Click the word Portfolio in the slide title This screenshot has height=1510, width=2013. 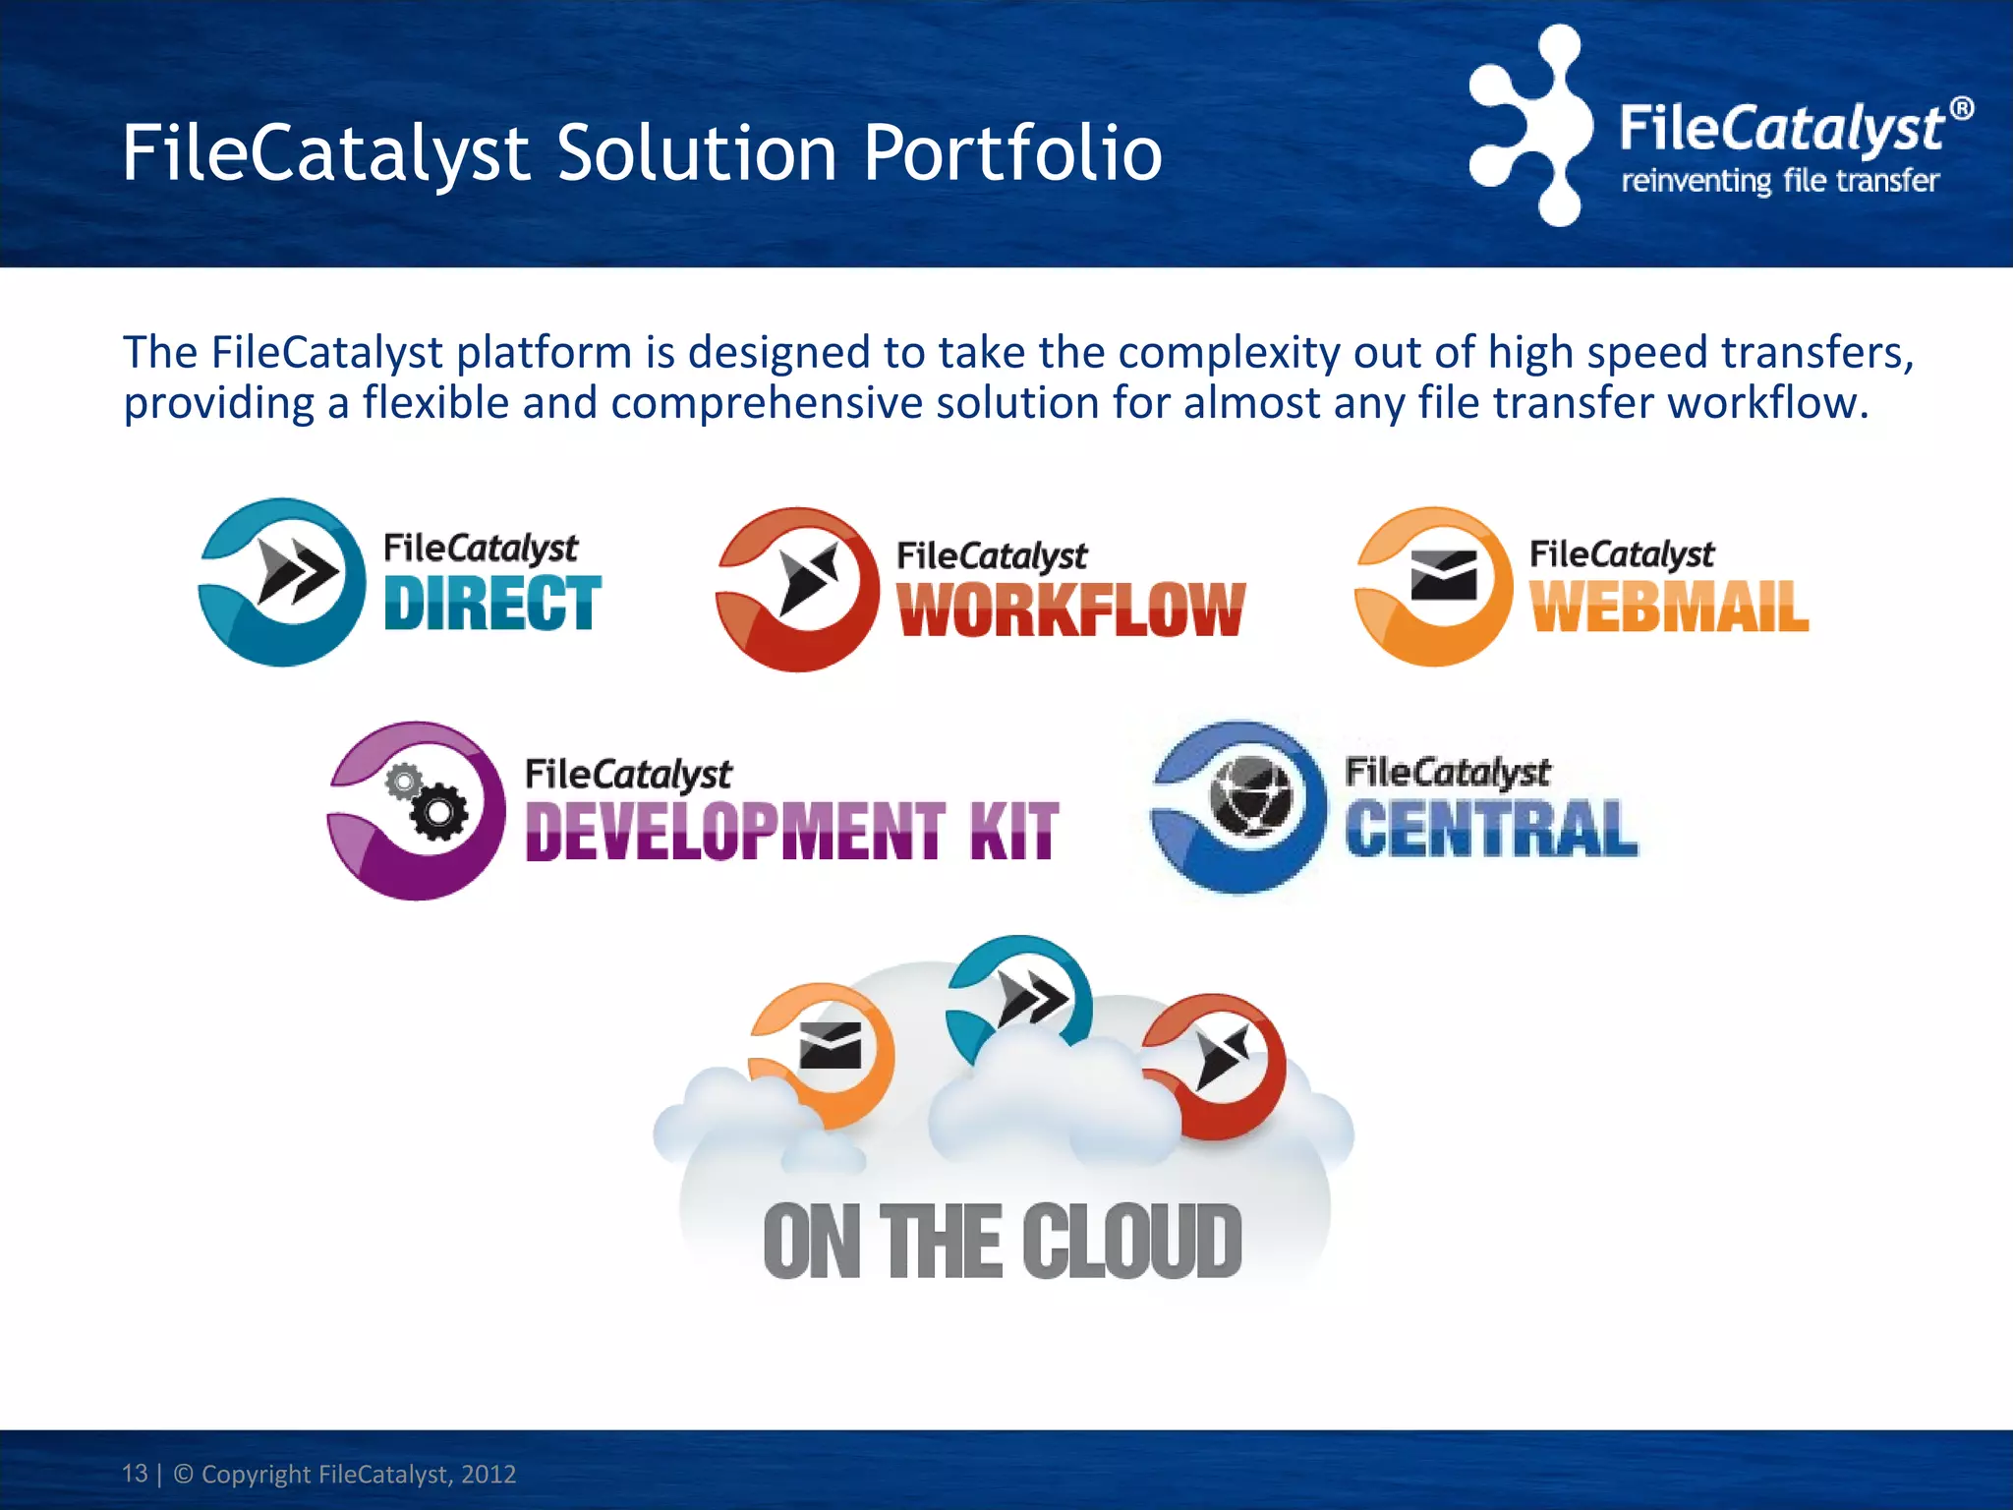(x=1012, y=154)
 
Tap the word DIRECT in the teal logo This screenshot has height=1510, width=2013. (x=491, y=603)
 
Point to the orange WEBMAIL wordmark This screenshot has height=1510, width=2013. (x=1669, y=607)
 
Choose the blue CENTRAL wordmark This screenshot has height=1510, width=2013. (x=1491, y=830)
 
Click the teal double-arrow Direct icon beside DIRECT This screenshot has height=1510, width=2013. (x=283, y=581)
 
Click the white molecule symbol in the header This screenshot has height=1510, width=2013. (x=1529, y=126)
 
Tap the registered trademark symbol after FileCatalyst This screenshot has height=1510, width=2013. (x=1961, y=108)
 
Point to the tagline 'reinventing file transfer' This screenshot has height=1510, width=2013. (x=1779, y=182)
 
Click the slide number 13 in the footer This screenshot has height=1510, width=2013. (x=135, y=1473)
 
